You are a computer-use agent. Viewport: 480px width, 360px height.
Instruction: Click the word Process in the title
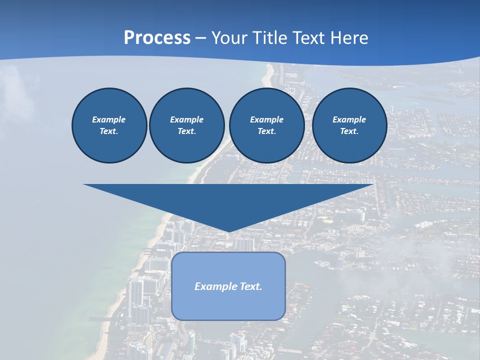click(x=157, y=38)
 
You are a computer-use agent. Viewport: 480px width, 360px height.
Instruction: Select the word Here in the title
click(x=348, y=38)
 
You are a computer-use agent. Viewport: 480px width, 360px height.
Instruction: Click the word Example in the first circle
click(x=109, y=119)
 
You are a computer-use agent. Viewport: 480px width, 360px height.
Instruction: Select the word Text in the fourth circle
click(x=349, y=131)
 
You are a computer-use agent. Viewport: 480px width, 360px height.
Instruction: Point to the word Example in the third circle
click(x=266, y=119)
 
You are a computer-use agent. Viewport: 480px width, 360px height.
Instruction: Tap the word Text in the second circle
click(x=186, y=131)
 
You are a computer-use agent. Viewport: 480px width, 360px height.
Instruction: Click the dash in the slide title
click(x=201, y=38)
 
